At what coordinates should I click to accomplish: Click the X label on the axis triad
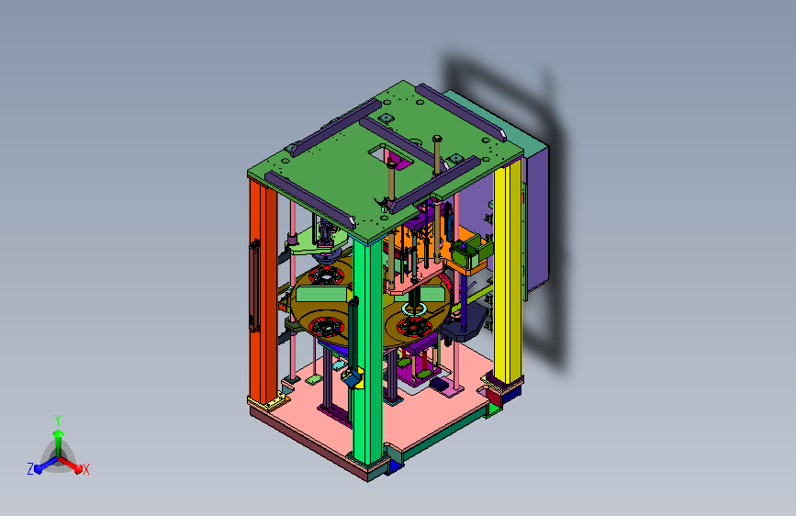click(x=85, y=469)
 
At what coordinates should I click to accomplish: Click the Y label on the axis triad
click(x=58, y=421)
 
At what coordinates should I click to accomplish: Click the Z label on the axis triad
click(x=30, y=469)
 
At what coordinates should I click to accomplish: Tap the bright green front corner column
click(x=367, y=351)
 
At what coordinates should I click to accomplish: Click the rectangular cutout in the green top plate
click(x=391, y=156)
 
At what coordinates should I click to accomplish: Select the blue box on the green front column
click(x=351, y=378)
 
